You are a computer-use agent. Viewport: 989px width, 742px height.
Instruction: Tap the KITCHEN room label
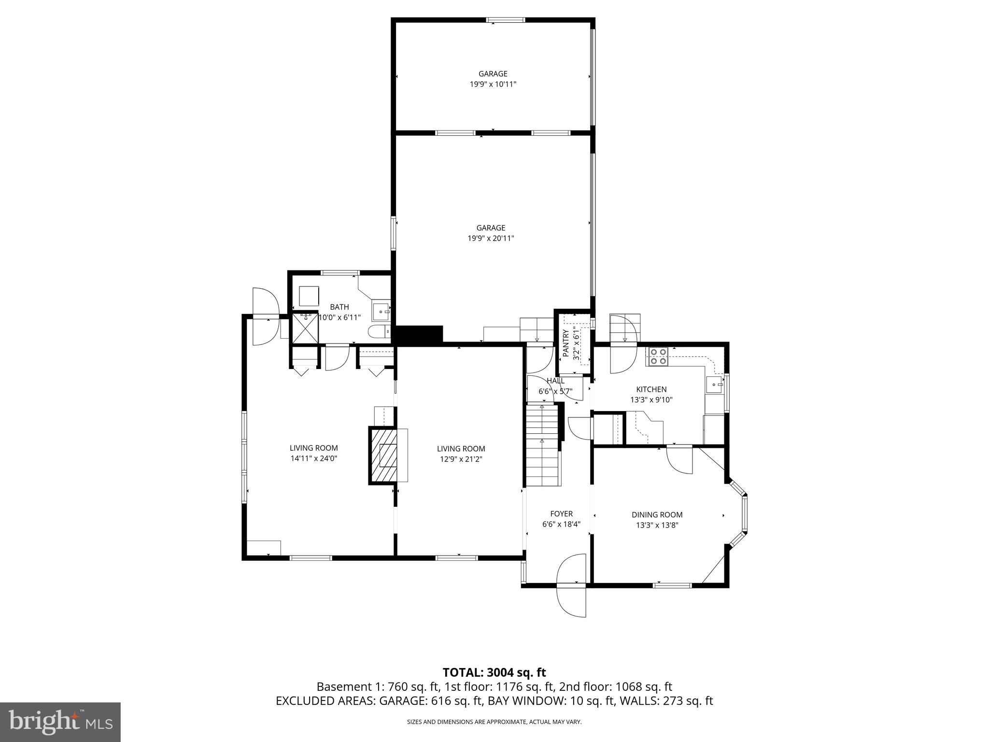pyautogui.click(x=651, y=389)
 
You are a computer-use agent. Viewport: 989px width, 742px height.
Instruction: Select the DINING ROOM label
pyautogui.click(x=657, y=514)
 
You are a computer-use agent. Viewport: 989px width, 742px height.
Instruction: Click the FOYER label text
pyautogui.click(x=561, y=514)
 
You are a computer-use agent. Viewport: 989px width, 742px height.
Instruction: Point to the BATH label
pyautogui.click(x=339, y=307)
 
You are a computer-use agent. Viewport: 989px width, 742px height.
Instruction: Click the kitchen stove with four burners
pyautogui.click(x=658, y=357)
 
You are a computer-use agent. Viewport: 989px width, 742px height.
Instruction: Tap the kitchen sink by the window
pyautogui.click(x=715, y=385)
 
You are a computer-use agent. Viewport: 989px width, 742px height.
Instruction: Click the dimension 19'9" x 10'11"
pyautogui.click(x=493, y=84)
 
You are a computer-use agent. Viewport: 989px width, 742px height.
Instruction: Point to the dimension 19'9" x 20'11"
pyautogui.click(x=491, y=238)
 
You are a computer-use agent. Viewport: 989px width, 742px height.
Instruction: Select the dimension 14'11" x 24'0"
pyautogui.click(x=313, y=458)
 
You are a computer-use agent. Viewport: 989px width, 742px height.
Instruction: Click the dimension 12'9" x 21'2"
pyautogui.click(x=461, y=459)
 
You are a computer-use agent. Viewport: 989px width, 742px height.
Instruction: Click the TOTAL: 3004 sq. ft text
pyautogui.click(x=494, y=672)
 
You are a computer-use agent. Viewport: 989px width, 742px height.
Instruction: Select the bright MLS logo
pyautogui.click(x=60, y=722)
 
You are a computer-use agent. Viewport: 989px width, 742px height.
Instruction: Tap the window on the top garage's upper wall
pyautogui.click(x=505, y=20)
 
